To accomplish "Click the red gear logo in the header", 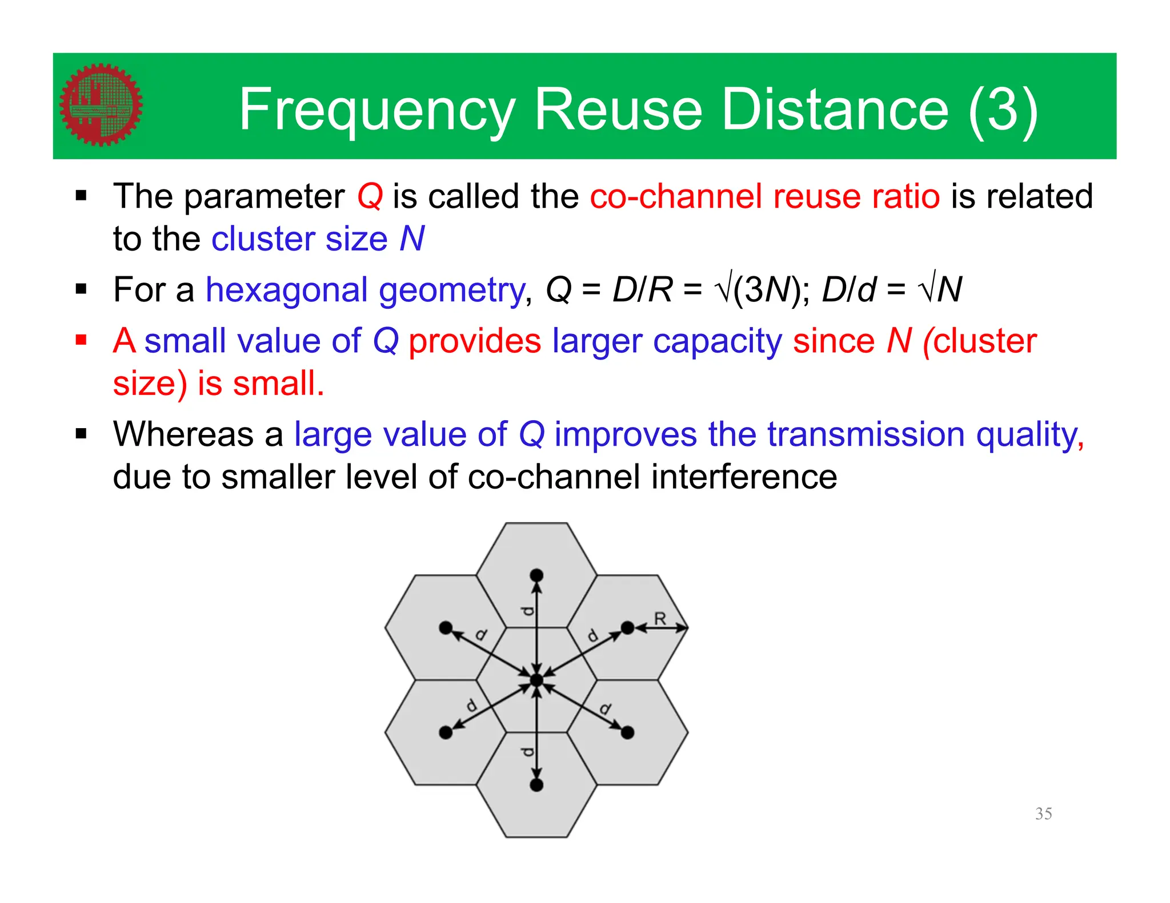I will point(101,105).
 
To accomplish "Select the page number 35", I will point(1043,813).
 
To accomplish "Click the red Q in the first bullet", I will point(370,196).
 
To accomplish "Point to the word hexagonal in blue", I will point(286,289).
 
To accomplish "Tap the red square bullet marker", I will point(81,341).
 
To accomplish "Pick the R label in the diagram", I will point(660,618).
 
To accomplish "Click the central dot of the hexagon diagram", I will point(536,680).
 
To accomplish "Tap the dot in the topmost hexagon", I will point(536,575).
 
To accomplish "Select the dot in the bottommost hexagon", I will point(536,785).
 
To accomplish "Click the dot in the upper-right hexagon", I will point(627,628).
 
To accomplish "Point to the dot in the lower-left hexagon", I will point(446,732).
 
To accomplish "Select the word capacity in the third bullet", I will point(717,341).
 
